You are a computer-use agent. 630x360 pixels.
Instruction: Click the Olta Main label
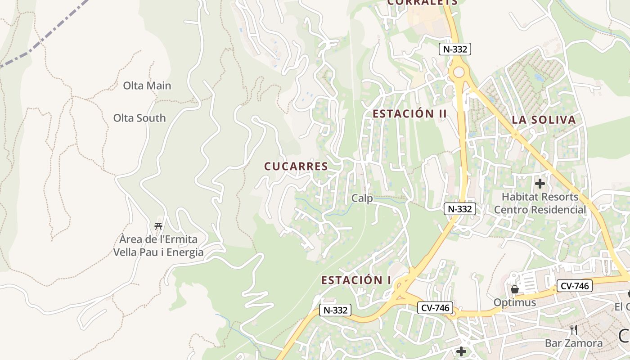(x=147, y=85)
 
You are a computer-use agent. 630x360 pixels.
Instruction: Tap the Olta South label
(x=139, y=118)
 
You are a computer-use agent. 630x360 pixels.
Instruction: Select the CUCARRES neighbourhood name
(x=296, y=166)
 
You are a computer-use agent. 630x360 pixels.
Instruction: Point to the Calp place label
(x=362, y=198)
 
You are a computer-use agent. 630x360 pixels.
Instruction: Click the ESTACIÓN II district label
(x=410, y=114)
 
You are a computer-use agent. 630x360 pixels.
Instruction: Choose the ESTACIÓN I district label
(x=356, y=280)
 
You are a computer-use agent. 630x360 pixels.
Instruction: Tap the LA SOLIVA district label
(x=544, y=120)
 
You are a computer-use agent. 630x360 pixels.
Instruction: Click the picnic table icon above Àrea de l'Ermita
(x=158, y=226)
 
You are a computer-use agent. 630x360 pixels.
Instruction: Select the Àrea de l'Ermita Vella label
(x=158, y=246)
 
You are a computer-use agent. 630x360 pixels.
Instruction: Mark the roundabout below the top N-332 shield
(x=459, y=72)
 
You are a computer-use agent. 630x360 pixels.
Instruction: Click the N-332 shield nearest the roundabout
(x=455, y=49)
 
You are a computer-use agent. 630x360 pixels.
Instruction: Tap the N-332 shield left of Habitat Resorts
(x=460, y=209)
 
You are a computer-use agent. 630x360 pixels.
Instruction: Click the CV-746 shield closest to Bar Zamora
(x=574, y=285)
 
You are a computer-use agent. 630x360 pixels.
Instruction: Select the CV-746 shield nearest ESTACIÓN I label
(x=435, y=308)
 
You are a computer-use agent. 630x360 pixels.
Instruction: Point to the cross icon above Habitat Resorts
(x=540, y=184)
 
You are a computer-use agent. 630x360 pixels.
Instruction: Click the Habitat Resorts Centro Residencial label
(x=540, y=203)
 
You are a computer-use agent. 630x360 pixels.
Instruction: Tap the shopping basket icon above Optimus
(x=515, y=289)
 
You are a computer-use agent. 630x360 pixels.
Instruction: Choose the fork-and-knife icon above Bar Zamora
(x=574, y=330)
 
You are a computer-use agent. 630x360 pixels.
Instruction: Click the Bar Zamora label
(x=574, y=343)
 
